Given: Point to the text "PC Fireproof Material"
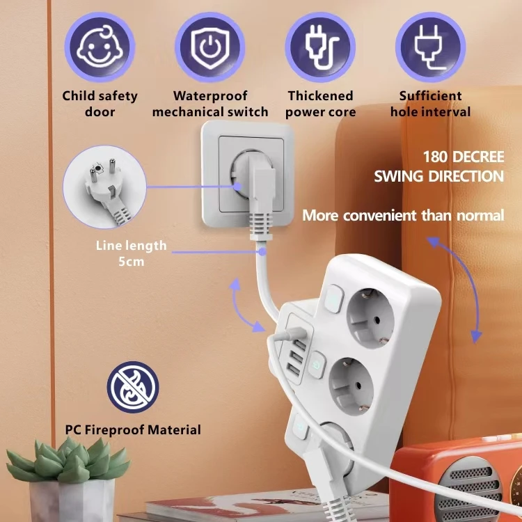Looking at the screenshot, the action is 133,429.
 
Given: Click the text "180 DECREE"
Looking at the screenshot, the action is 463,156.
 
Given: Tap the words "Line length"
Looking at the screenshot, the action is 132,245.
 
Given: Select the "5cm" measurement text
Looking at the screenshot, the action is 131,261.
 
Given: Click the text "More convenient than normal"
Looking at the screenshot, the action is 403,215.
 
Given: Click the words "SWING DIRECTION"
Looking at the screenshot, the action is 438,176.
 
